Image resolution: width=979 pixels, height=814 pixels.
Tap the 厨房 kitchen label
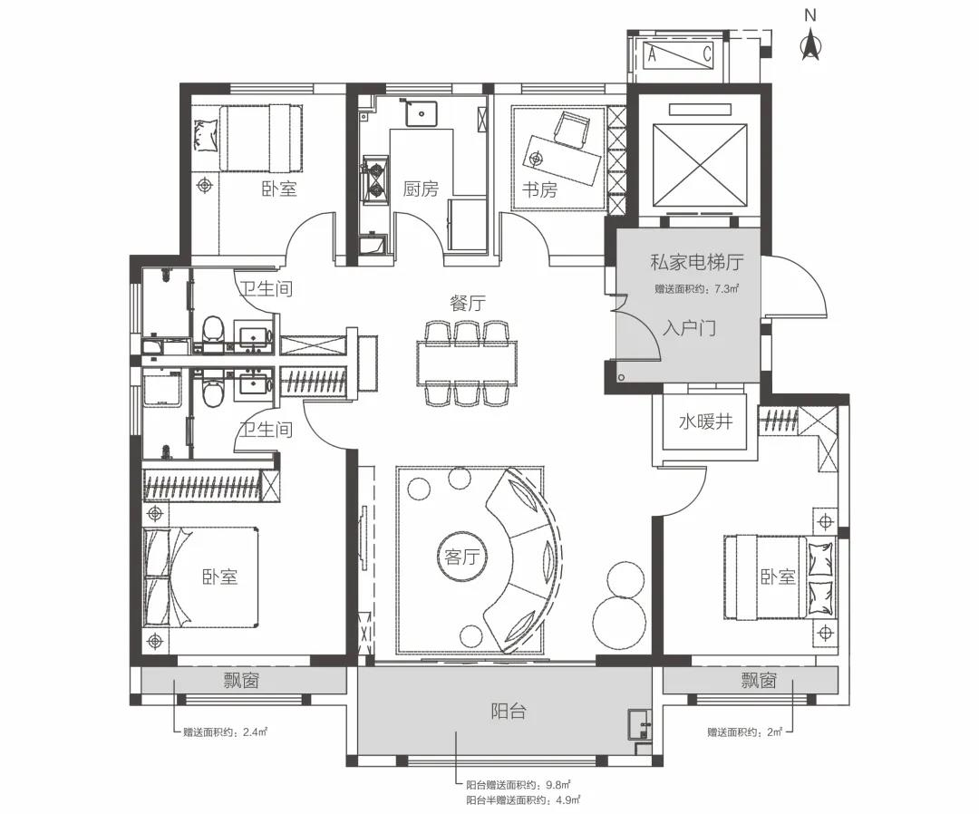[421, 189]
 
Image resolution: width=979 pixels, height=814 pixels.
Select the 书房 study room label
[539, 189]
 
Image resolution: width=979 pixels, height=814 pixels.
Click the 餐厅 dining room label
[468, 304]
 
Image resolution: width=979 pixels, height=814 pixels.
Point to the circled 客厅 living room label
[462, 557]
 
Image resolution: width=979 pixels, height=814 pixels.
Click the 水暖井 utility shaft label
[705, 422]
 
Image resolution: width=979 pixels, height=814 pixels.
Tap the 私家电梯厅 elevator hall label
[697, 262]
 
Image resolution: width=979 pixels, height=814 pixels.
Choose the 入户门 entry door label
[689, 328]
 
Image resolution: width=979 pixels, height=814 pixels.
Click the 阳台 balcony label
[509, 711]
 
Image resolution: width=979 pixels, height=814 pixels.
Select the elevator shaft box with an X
[699, 165]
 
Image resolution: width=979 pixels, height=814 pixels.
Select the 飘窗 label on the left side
[242, 680]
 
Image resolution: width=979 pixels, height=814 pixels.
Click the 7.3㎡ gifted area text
[697, 289]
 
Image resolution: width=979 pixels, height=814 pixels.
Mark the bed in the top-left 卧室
[247, 138]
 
